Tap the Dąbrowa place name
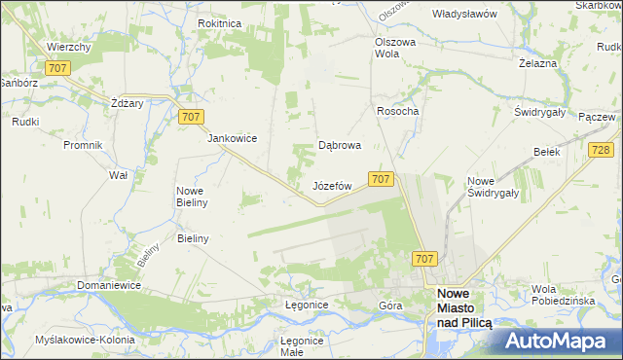click(341, 146)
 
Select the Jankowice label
click(232, 138)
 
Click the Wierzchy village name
click(68, 47)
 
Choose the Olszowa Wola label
click(395, 49)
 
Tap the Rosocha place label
click(397, 111)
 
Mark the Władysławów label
click(465, 15)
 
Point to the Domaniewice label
click(110, 285)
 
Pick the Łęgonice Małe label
click(301, 346)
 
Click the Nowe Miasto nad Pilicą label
click(464, 306)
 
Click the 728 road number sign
click(601, 149)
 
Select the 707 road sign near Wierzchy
click(55, 67)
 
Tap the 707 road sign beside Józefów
click(381, 179)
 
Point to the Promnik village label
click(83, 145)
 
